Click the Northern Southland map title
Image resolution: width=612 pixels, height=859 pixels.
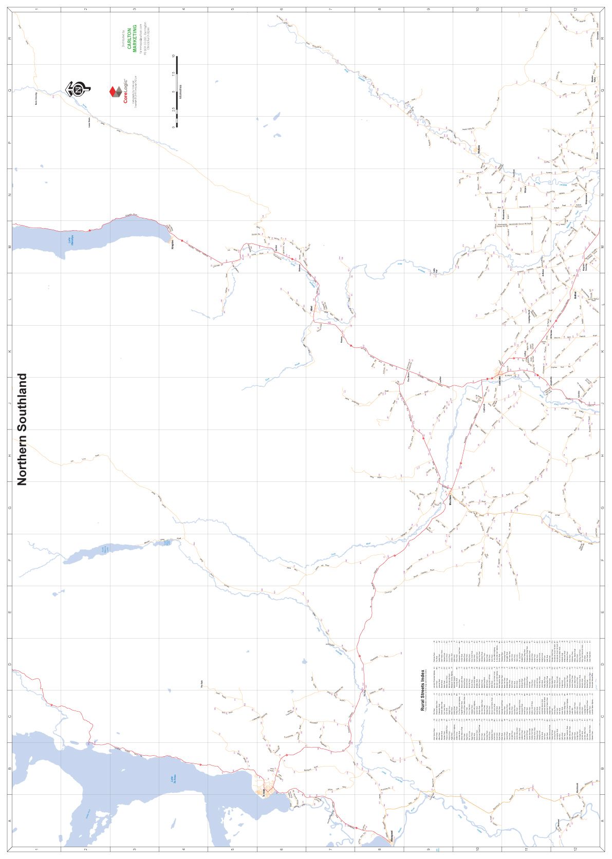tap(22, 429)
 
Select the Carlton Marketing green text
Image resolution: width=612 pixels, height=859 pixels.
tap(132, 39)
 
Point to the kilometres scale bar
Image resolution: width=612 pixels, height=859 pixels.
tap(177, 91)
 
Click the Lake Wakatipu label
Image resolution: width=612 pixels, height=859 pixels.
tap(72, 240)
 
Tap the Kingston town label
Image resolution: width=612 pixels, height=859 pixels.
tap(173, 244)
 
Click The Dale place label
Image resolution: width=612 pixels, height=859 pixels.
tap(202, 684)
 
